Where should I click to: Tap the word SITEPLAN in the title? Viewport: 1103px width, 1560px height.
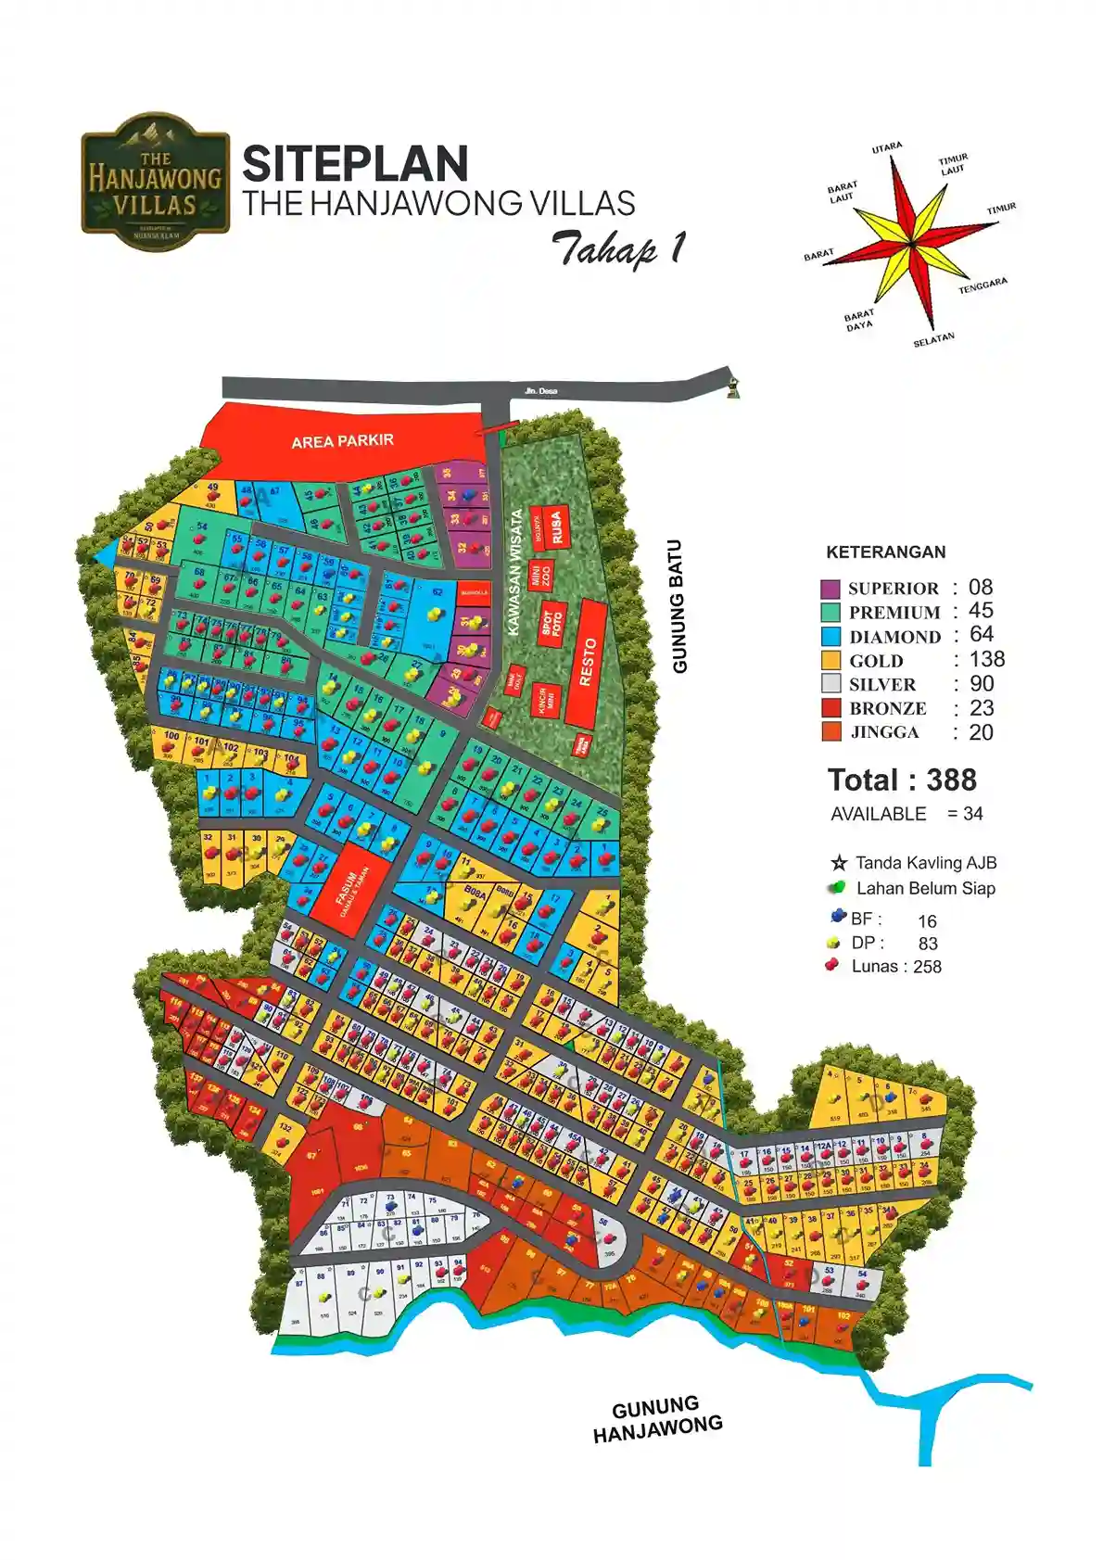pyautogui.click(x=355, y=164)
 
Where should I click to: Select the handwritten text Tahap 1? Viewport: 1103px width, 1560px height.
pyautogui.click(x=619, y=248)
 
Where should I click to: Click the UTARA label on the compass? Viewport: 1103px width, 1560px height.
pyautogui.click(x=887, y=147)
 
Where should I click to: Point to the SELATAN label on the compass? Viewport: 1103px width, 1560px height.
pyautogui.click(x=933, y=339)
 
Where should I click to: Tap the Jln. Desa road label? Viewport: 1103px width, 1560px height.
pyautogui.click(x=540, y=391)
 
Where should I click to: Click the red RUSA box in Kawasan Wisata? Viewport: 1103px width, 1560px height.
pyautogui.click(x=557, y=526)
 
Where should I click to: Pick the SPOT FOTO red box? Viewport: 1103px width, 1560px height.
pyautogui.click(x=551, y=623)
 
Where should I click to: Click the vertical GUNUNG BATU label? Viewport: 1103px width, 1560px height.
pyautogui.click(x=679, y=606)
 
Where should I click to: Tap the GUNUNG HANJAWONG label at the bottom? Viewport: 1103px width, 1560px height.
pyautogui.click(x=657, y=1419)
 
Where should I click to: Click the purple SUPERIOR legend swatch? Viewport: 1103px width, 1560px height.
pyautogui.click(x=830, y=589)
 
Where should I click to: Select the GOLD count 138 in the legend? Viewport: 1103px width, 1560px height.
pyautogui.click(x=986, y=659)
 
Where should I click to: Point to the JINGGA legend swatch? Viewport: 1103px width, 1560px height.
pyautogui.click(x=830, y=732)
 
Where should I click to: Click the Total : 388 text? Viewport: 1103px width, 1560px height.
pyautogui.click(x=902, y=780)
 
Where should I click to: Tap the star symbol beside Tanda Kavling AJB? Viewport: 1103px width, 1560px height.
pyautogui.click(x=840, y=863)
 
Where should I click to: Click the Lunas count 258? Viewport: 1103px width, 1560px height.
pyautogui.click(x=927, y=967)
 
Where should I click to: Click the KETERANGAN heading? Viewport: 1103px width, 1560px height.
pyautogui.click(x=885, y=552)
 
